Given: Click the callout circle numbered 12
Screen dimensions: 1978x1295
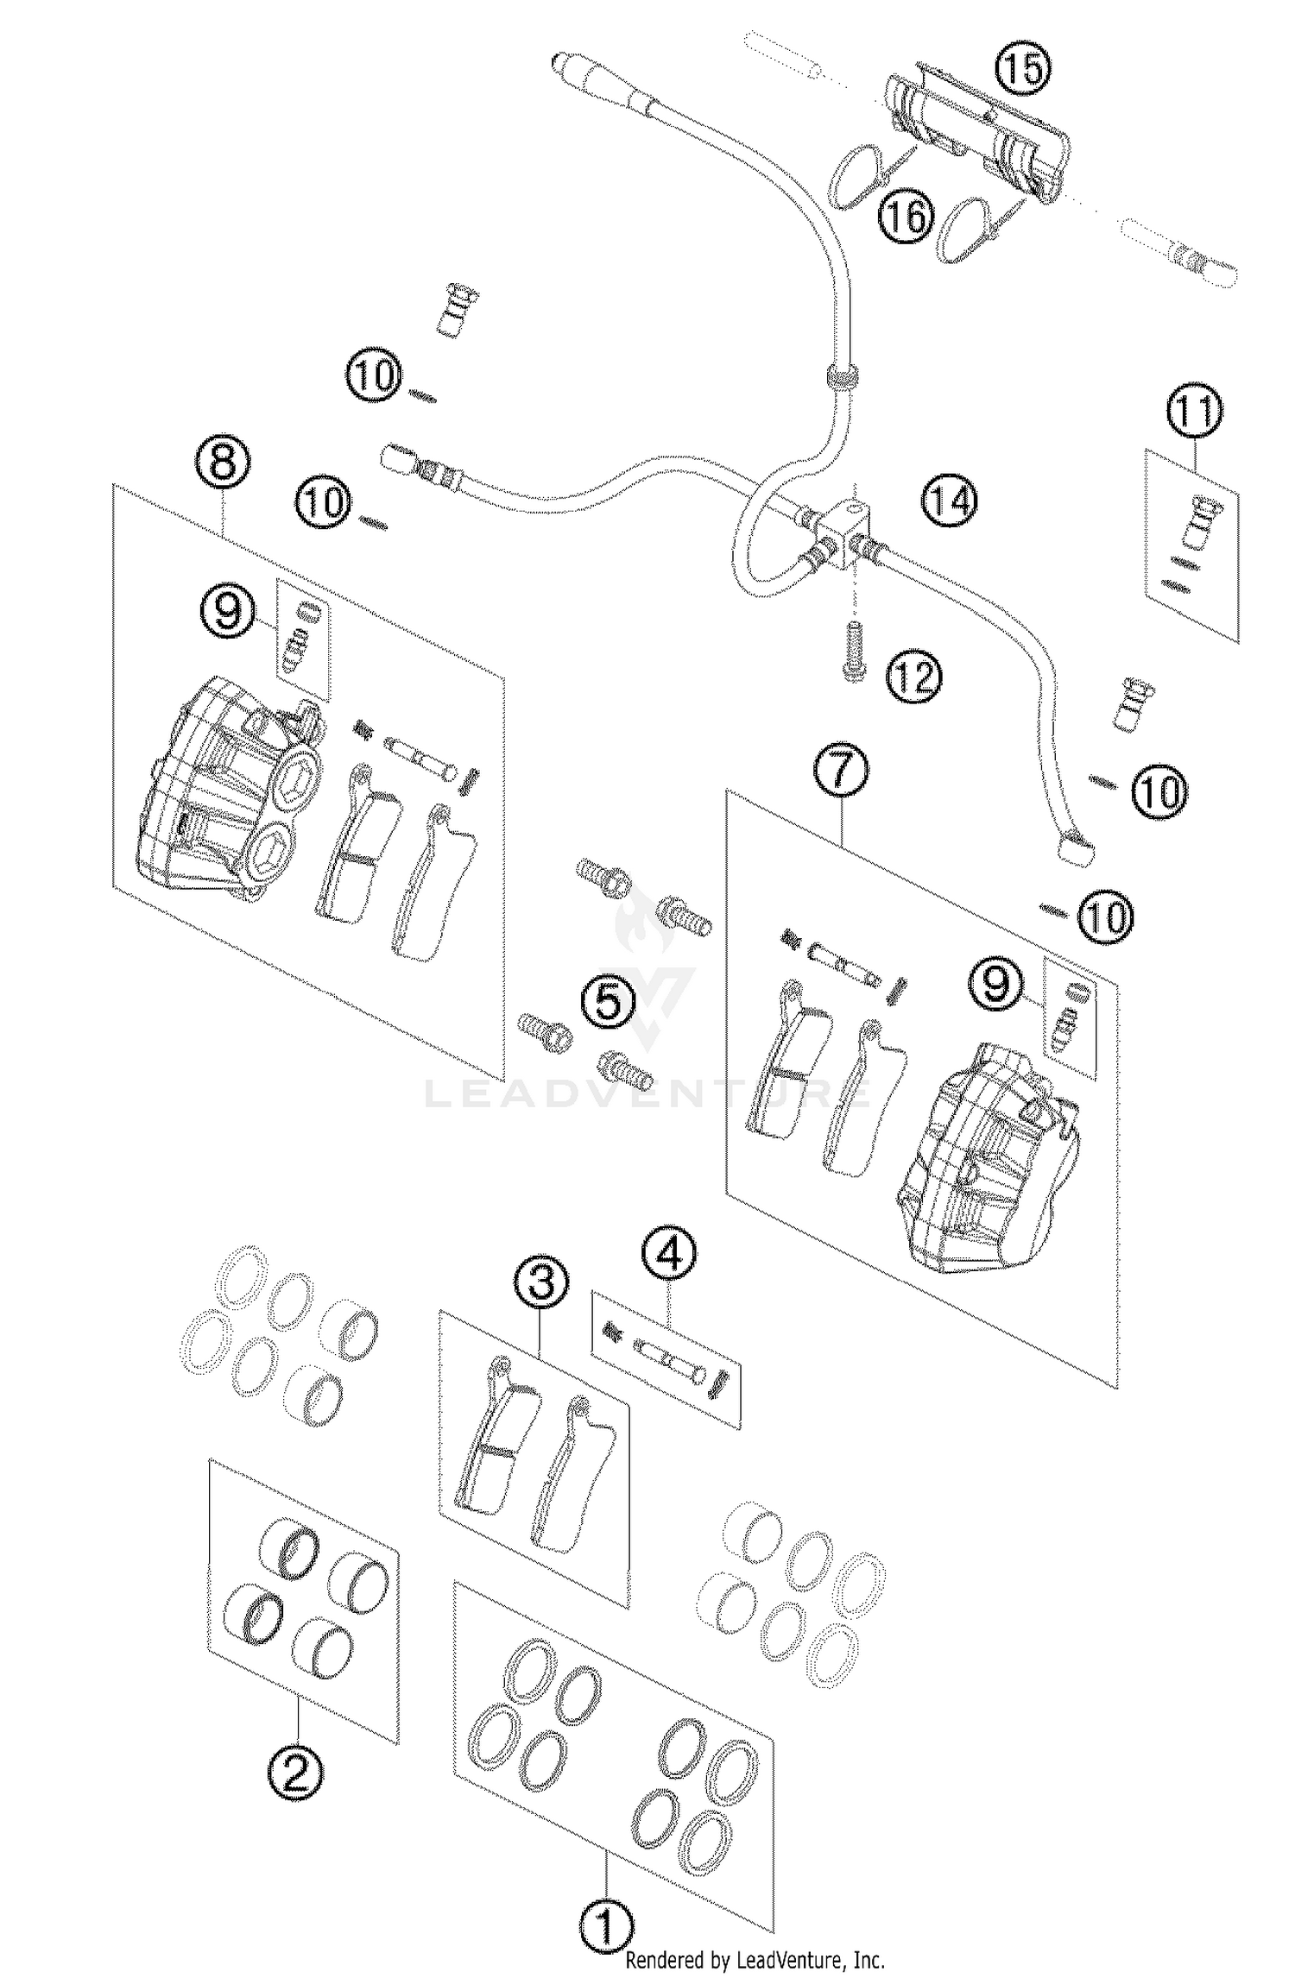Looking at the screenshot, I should (x=913, y=677).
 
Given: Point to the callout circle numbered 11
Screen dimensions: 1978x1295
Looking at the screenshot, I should (x=1196, y=413).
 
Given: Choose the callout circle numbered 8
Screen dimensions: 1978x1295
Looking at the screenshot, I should (x=223, y=463).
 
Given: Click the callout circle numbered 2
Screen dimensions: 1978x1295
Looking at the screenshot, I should (x=296, y=1773).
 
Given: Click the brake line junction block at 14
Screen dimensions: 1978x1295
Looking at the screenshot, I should (x=849, y=535).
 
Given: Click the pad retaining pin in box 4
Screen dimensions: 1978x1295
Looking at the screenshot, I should (x=669, y=1364).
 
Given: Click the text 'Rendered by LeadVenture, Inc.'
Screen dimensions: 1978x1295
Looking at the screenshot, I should (x=755, y=1962).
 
